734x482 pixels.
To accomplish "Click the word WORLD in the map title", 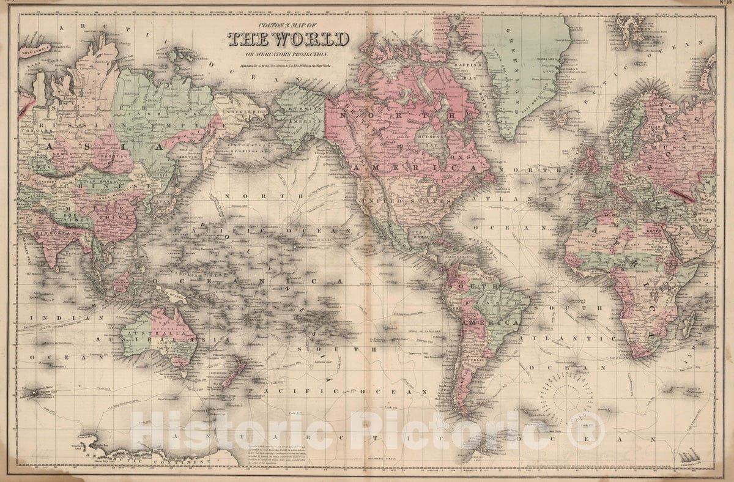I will (x=312, y=40).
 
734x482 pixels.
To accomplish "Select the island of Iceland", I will (x=560, y=116).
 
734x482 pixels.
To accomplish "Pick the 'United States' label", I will (x=391, y=200).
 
